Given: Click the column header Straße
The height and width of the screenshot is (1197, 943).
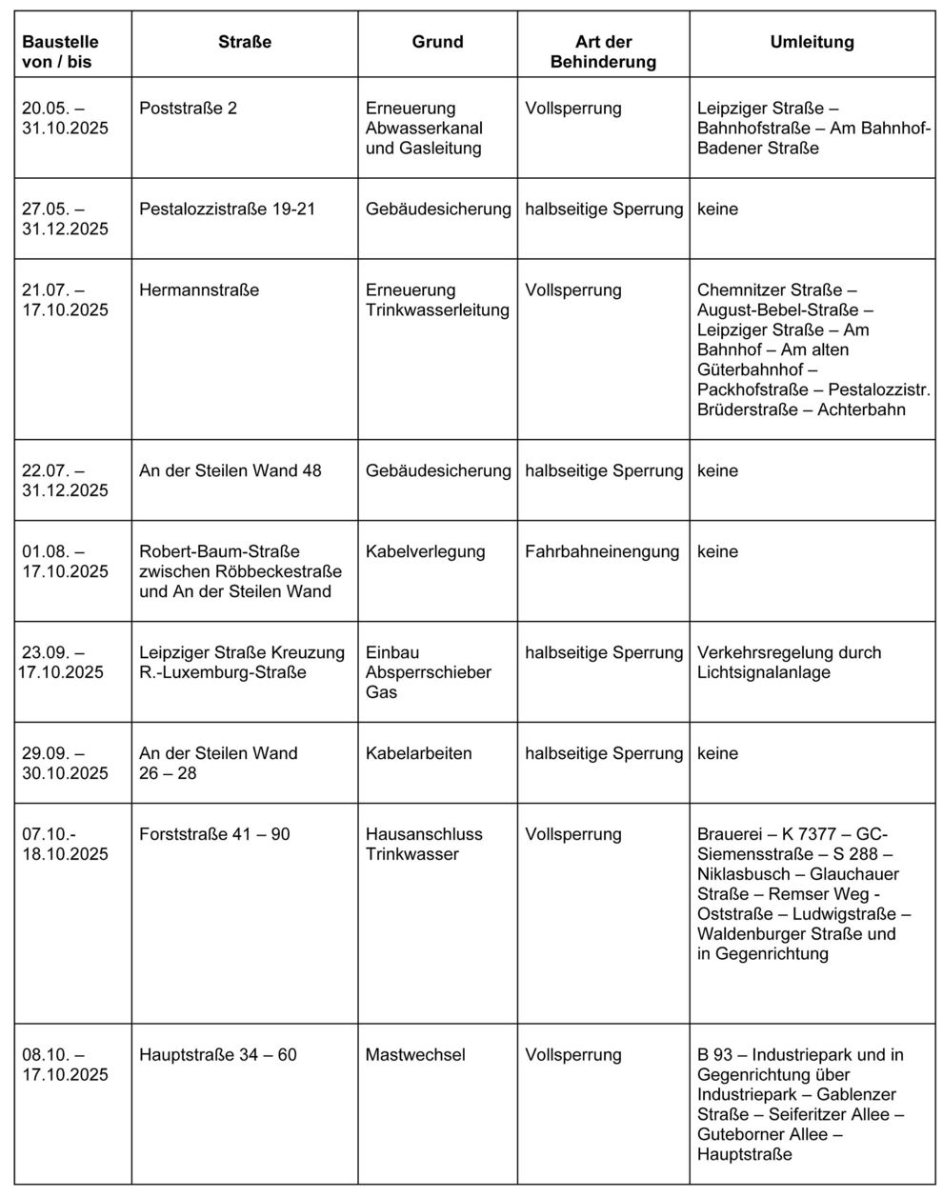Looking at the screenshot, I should [x=245, y=42].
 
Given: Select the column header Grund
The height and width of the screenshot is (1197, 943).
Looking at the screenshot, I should [x=437, y=42].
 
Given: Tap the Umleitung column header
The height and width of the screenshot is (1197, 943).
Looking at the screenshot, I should [x=812, y=42].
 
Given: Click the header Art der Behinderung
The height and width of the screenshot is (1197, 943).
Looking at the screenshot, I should [x=603, y=51].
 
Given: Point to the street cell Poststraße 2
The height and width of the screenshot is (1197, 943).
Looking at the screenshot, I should [x=188, y=109].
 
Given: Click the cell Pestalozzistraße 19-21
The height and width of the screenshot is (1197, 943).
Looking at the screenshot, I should [x=227, y=209].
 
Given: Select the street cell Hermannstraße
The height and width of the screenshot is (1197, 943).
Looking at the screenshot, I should [x=199, y=290].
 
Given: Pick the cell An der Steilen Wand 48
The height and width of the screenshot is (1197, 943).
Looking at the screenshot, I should [x=230, y=471].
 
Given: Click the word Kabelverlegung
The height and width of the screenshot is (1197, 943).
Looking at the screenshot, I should [x=425, y=552].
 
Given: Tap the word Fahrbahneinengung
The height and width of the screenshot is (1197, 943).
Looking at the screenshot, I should [x=602, y=552].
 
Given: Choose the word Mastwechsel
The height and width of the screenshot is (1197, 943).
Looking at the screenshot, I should [x=415, y=1055].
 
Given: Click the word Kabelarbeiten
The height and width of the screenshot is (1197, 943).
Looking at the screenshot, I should [x=418, y=753].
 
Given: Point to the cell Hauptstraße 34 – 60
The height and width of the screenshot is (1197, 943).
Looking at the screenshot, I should [x=217, y=1055].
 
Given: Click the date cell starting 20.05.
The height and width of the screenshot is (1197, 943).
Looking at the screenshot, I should [x=65, y=118].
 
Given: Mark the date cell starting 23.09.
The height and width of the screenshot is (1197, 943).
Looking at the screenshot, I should [x=62, y=663].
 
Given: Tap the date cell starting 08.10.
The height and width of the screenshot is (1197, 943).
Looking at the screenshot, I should [x=65, y=1065].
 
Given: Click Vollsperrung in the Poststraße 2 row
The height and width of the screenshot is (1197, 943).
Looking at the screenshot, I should [x=572, y=109].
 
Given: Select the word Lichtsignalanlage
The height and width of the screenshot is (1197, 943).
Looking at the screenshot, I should [x=764, y=673].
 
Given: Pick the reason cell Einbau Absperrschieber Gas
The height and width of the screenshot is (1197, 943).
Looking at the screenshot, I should [x=428, y=672].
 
